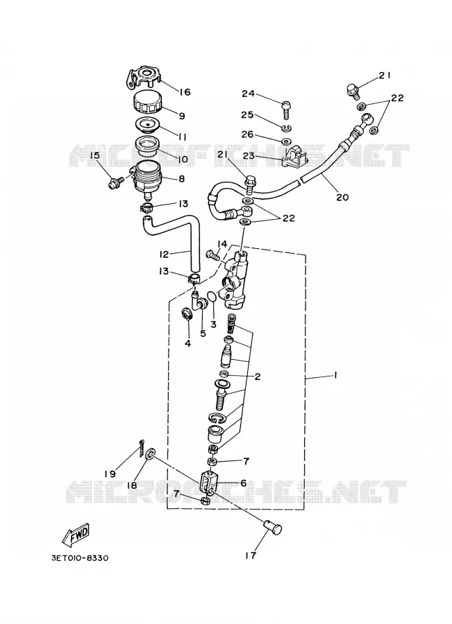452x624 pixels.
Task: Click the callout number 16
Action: (x=184, y=92)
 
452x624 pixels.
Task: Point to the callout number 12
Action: (x=164, y=254)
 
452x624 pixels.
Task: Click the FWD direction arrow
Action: (x=76, y=534)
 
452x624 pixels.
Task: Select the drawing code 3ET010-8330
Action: (x=80, y=558)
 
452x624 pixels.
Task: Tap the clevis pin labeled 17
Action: (x=273, y=528)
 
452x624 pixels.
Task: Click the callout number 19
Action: (x=110, y=474)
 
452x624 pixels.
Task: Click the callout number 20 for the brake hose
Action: (x=342, y=197)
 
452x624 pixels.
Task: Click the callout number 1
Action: (x=335, y=375)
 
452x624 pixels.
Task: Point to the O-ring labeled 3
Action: (x=212, y=297)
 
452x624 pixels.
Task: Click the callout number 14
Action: (x=222, y=243)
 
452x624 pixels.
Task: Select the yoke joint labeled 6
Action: (x=210, y=483)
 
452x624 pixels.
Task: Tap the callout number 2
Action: (x=258, y=376)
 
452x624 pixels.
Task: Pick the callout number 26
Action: (x=247, y=135)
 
